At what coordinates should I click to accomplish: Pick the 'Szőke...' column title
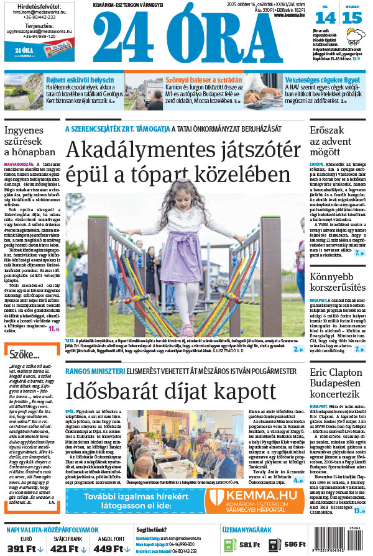coord(24,353)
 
